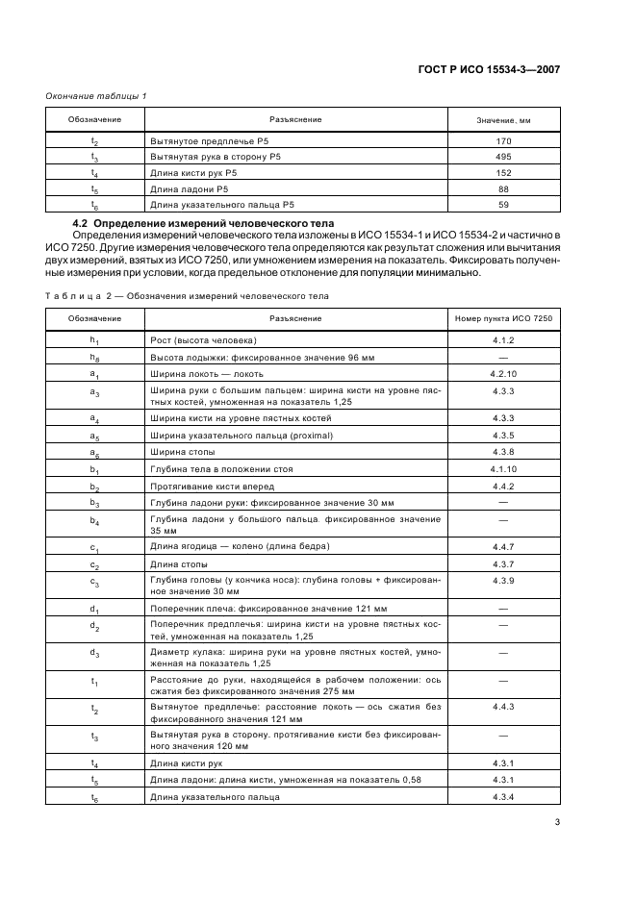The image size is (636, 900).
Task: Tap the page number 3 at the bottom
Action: coord(557,822)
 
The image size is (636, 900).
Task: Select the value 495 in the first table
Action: coord(503,156)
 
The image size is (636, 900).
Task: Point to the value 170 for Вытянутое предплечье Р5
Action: coord(503,140)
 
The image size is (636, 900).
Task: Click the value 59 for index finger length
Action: coord(503,205)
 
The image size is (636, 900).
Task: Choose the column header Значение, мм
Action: coord(503,120)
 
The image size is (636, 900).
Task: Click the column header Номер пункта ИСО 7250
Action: coord(503,318)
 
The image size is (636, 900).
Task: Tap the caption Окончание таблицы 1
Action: coord(97,95)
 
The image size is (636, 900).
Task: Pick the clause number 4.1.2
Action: coord(503,340)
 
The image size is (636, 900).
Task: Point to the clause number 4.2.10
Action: coord(503,373)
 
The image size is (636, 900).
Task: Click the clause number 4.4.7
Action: coord(503,547)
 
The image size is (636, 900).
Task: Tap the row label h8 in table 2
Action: coord(94,357)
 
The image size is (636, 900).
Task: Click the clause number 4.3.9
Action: coord(503,581)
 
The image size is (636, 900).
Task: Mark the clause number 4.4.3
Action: coord(503,707)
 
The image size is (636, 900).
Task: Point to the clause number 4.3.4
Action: coord(503,797)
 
